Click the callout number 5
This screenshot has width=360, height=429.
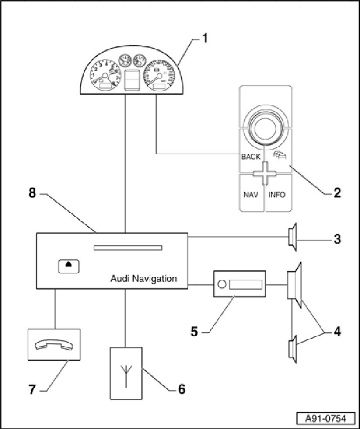tap(194, 332)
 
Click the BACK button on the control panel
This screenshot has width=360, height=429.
tap(251, 157)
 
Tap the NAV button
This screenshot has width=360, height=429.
tap(251, 194)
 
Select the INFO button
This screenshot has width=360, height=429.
tap(277, 194)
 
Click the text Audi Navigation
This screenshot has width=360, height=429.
tap(144, 278)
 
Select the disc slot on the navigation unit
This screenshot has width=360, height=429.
tap(128, 248)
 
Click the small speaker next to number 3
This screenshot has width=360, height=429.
tap(291, 237)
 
